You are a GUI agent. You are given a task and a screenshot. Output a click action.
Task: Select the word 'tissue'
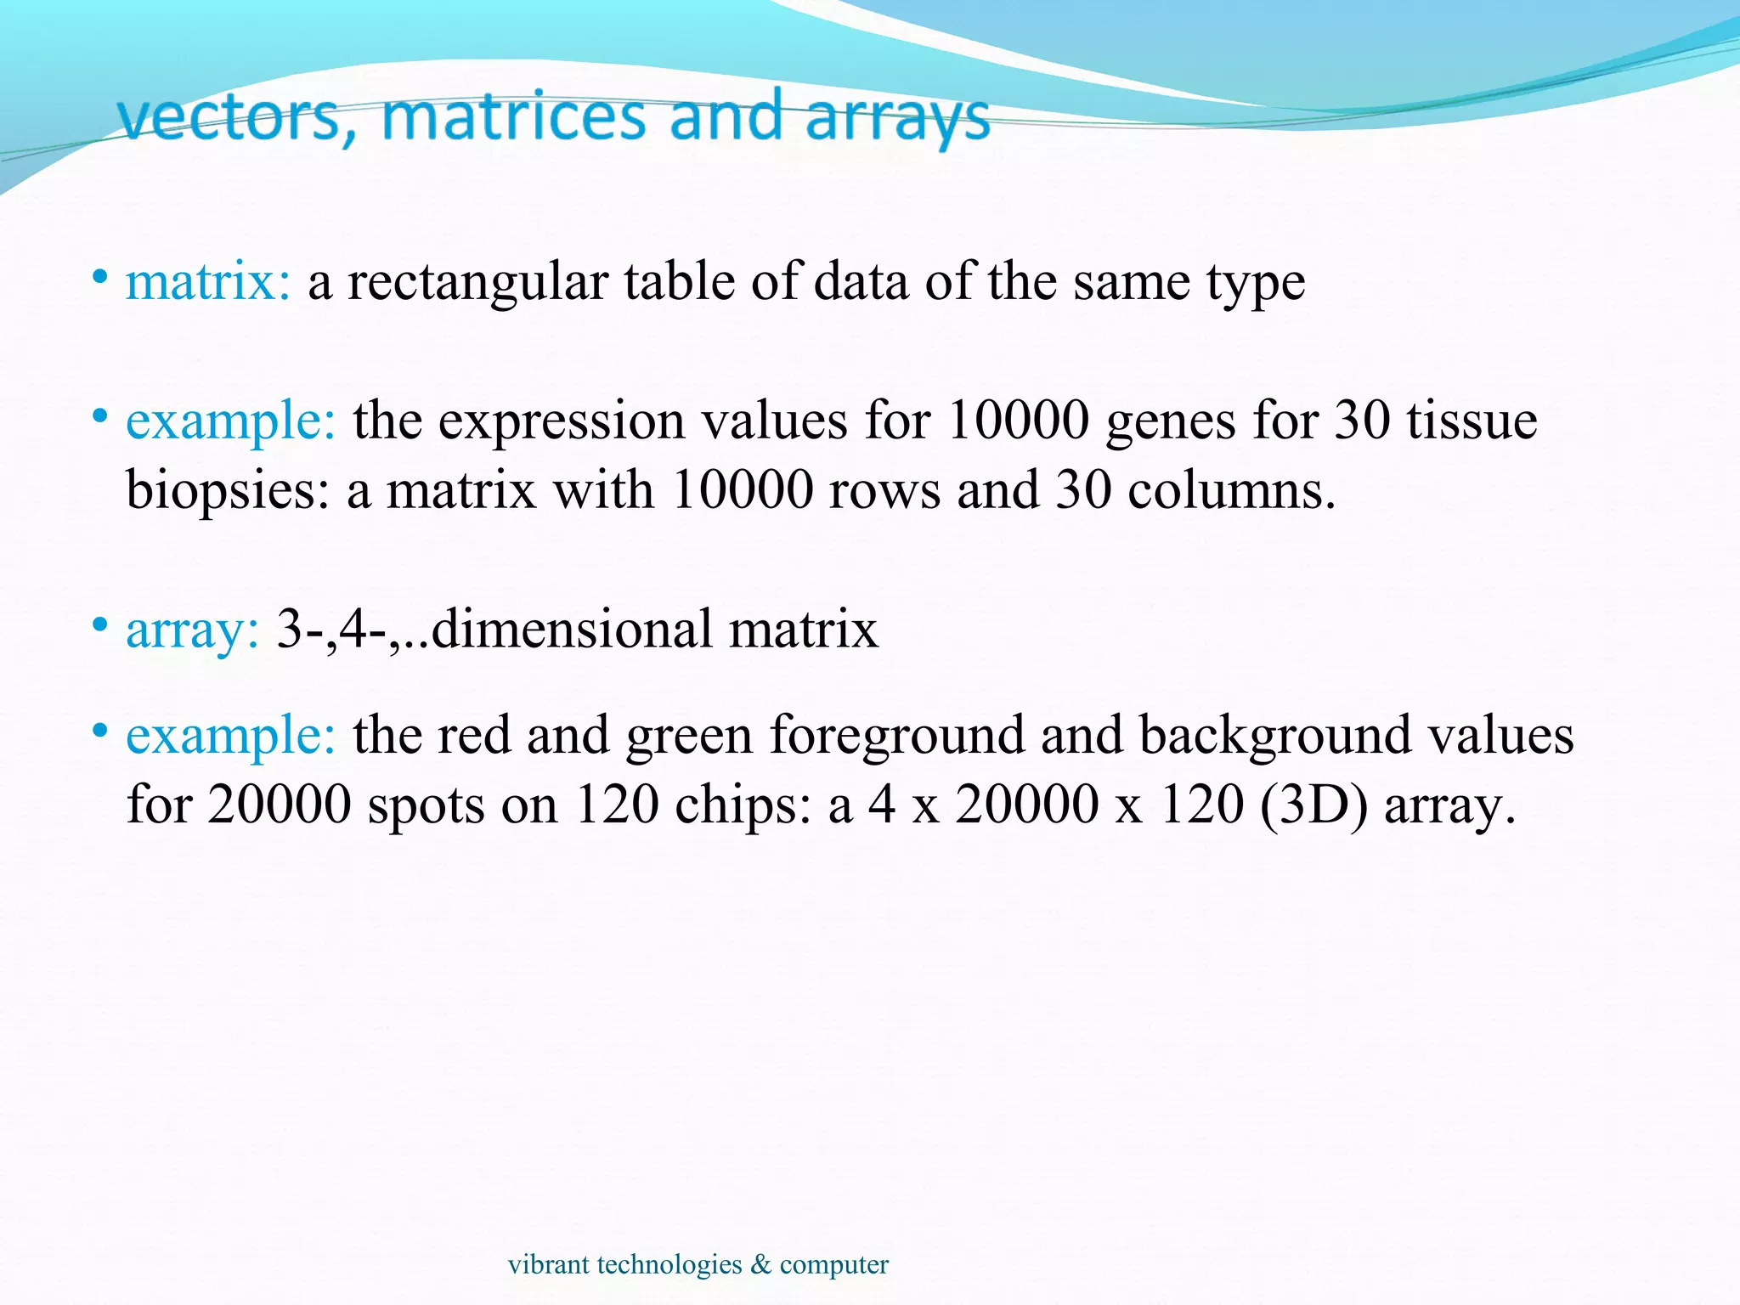pos(1472,420)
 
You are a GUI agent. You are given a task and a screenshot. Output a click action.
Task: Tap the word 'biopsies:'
pos(228,491)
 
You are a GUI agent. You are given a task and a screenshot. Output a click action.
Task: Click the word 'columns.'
pos(1232,490)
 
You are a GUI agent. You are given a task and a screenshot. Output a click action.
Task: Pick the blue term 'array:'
pos(192,630)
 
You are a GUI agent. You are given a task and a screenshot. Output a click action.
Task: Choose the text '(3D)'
pos(1314,804)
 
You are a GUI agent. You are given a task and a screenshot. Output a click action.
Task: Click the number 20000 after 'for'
pos(279,804)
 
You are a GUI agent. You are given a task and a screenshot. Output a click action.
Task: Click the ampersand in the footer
pos(760,1264)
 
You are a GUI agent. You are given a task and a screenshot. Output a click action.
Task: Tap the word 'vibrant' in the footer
pos(548,1264)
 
